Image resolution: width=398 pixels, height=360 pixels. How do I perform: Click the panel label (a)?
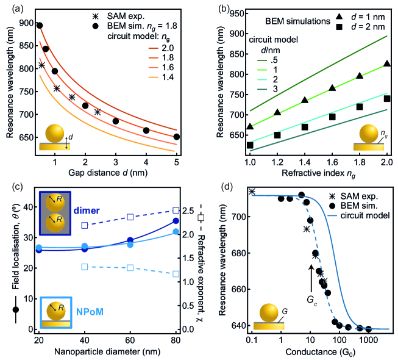(11, 8)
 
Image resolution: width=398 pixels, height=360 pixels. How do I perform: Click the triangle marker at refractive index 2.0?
(387, 64)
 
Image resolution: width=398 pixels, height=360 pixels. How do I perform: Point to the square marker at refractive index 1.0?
(250, 145)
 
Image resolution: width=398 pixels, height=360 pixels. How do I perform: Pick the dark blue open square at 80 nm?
(176, 211)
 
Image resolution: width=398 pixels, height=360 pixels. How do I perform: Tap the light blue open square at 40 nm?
(85, 267)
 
